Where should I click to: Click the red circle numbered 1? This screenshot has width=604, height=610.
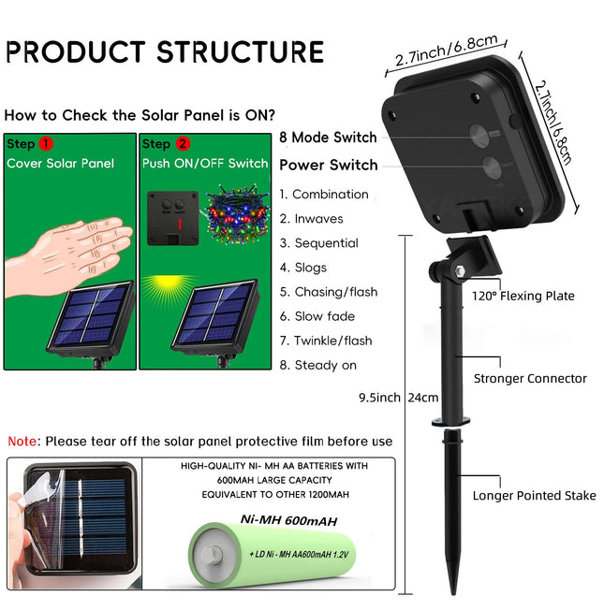pyautogui.click(x=46, y=144)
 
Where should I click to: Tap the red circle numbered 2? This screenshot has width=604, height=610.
pyautogui.click(x=183, y=144)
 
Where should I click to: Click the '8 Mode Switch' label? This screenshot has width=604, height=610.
pyautogui.click(x=328, y=138)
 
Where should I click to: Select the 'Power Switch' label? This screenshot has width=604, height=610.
pyautogui.click(x=329, y=165)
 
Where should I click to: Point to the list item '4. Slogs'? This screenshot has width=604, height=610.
pyautogui.click(x=303, y=268)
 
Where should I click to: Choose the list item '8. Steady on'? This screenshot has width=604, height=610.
pyautogui.click(x=317, y=365)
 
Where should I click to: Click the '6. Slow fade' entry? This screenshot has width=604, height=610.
pyautogui.click(x=317, y=316)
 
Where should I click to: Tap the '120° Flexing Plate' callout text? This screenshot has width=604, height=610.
pyautogui.click(x=523, y=296)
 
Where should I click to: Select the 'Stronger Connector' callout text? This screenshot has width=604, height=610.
pyautogui.click(x=530, y=379)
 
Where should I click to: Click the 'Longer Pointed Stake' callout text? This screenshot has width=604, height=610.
pyautogui.click(x=535, y=496)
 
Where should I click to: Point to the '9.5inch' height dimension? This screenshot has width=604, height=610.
pyautogui.click(x=379, y=398)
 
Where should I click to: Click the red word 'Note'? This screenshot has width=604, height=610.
pyautogui.click(x=22, y=442)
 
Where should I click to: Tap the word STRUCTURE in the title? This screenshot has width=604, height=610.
pyautogui.click(x=241, y=52)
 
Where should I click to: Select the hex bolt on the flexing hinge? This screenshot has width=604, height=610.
pyautogui.click(x=460, y=270)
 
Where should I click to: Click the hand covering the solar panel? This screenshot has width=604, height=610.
pyautogui.click(x=68, y=256)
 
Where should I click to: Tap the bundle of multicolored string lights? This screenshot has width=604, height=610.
pyautogui.click(x=238, y=214)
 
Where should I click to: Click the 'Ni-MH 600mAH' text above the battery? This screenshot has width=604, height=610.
pyautogui.click(x=289, y=520)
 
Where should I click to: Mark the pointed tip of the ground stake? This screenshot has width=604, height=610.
pyautogui.click(x=453, y=593)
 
